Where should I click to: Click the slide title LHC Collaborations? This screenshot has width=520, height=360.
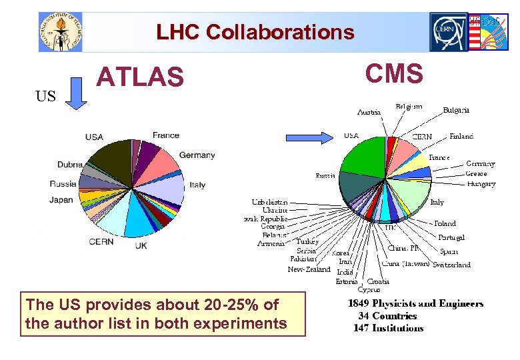click(x=255, y=32)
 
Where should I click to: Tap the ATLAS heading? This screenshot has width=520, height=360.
click(x=140, y=77)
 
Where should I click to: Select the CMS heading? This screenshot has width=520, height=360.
click(x=394, y=73)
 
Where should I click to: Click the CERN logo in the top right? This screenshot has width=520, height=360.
click(x=449, y=31)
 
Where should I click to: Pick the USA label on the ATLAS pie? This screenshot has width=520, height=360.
click(x=94, y=137)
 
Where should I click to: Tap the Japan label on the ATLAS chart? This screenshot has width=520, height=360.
click(x=61, y=200)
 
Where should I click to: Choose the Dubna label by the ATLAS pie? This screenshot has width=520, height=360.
click(x=70, y=165)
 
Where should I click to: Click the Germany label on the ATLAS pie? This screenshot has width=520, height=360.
click(x=197, y=155)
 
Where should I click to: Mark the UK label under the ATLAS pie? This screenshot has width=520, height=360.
click(x=141, y=245)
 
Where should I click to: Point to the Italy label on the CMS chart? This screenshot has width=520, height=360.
click(x=437, y=202)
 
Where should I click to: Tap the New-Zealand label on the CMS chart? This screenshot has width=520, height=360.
click(x=309, y=269)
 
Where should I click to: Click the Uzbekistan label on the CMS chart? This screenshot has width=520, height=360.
click(x=270, y=201)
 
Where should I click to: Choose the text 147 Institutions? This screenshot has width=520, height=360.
click(x=388, y=328)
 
